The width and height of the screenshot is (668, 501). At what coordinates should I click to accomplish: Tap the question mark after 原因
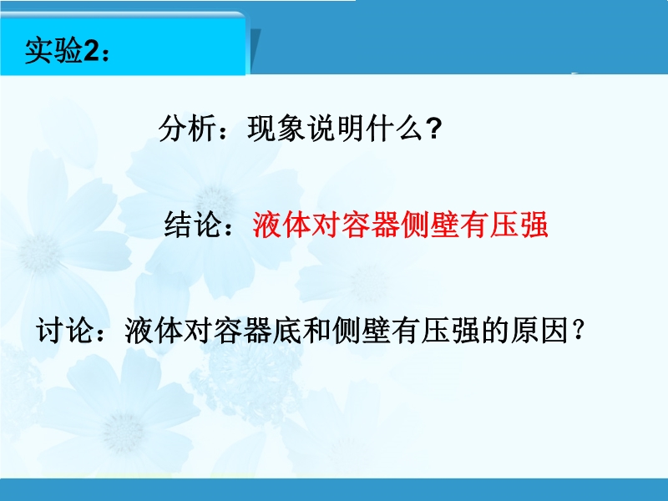(578, 330)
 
